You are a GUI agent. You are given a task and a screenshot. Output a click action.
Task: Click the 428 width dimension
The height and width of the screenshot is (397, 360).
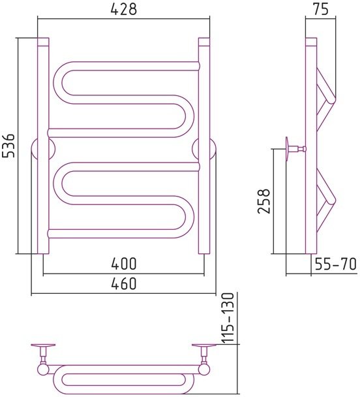coord(124,9)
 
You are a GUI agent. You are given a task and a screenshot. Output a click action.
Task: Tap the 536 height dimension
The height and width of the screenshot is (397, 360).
coord(9,145)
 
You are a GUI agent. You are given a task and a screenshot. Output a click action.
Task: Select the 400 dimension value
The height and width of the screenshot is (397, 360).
coord(124,264)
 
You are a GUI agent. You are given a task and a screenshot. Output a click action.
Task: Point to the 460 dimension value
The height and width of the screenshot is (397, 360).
coord(124,283)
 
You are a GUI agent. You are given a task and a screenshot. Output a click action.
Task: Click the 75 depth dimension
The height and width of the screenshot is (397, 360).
coord(321,9)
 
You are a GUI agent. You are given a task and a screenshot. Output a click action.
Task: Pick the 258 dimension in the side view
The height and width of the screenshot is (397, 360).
coord(263,201)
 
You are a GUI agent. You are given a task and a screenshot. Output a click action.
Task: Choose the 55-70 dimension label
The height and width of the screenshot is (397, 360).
coord(335,264)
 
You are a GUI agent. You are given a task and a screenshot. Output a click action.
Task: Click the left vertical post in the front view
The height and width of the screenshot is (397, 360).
coord(43,146)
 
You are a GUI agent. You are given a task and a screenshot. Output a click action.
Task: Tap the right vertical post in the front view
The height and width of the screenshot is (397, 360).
coord(204,146)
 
